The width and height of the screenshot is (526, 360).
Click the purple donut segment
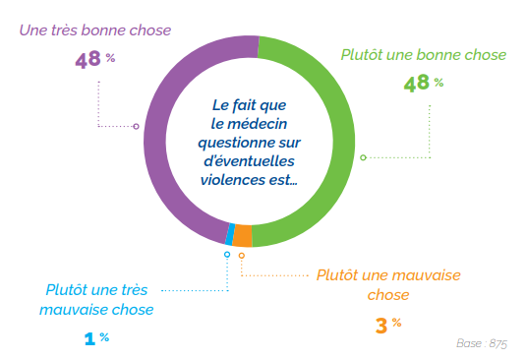157,138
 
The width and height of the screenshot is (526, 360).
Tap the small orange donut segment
242,236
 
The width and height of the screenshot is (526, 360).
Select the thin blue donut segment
230,234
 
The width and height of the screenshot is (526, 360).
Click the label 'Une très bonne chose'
95,30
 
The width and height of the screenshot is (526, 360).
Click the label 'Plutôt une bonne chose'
424,55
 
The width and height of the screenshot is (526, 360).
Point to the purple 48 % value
94,59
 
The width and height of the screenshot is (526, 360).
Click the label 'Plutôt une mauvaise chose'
389,284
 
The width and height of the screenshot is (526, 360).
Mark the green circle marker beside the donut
363,157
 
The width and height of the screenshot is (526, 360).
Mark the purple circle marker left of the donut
136,126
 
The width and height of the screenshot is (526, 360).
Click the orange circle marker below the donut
242,256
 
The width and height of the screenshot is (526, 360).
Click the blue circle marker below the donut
227,255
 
